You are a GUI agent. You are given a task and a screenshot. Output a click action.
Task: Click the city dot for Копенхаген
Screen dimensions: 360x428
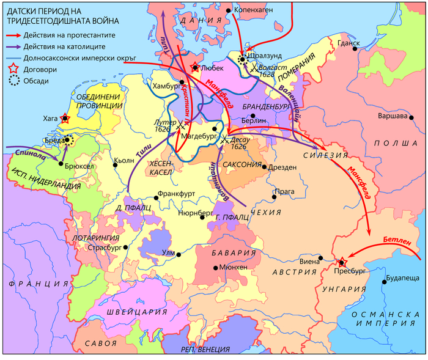[x=228, y=10]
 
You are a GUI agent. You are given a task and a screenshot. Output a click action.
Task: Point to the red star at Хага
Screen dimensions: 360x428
[x=65, y=119]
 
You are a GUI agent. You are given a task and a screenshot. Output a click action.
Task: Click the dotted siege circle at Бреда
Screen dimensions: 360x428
[x=69, y=140]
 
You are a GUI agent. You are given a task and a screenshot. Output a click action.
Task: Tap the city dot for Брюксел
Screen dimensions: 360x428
[x=59, y=163]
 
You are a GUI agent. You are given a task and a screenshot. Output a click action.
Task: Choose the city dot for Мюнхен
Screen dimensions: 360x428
[x=215, y=268]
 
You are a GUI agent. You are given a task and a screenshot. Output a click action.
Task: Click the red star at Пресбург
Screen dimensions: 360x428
[x=341, y=262]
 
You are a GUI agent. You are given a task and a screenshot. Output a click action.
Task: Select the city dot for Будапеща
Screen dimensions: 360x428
[x=384, y=281]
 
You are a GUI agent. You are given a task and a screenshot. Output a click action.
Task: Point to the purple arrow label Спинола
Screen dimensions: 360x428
[x=31, y=150]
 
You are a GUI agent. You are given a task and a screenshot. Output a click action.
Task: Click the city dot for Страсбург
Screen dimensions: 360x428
[x=125, y=248]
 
